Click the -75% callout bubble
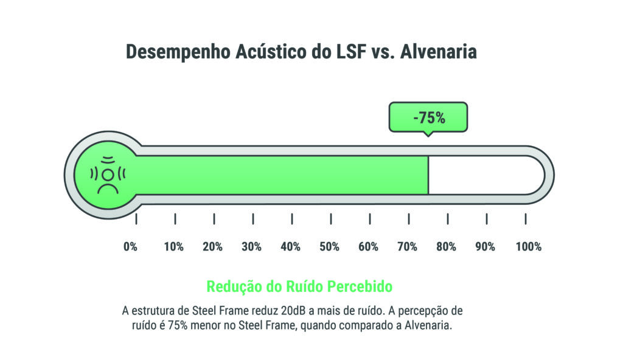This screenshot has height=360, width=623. pos(428,117)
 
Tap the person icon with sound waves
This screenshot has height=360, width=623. pos(108,175)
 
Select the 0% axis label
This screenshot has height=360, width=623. pos(130,247)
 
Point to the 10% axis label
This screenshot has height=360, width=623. pos(173,247)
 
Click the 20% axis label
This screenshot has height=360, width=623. pos(212,247)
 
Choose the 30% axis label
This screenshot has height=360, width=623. pos(251,247)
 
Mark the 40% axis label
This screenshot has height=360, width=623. pos(290,247)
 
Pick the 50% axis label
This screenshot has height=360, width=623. pos(329,247)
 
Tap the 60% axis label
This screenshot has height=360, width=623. pos(368,247)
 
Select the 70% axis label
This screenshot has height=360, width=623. pos(407,247)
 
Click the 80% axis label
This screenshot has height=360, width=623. pos(446,247)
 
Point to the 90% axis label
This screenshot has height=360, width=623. pos(485,247)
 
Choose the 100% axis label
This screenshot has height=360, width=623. pos(528,247)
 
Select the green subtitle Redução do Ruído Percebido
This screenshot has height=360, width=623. pos(299,286)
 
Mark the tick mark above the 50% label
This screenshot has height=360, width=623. pos(331,219)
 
